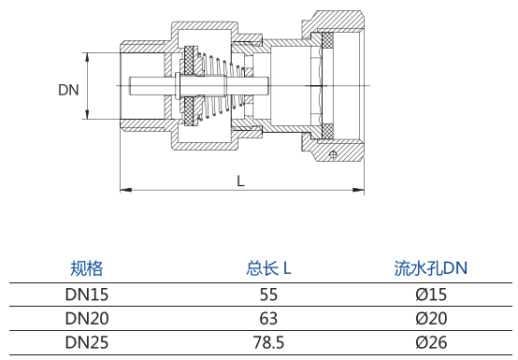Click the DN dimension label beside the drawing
coord(68,90)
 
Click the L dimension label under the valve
coord(241,181)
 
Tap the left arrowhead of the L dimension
coord(126,190)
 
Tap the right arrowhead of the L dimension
coord(358,190)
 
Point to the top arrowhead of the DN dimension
coord(87,57)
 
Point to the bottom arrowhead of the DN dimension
coord(87,114)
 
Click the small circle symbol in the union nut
coord(333,154)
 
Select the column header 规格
coord(87,268)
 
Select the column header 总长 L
coord(268,268)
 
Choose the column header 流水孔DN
coord(431,268)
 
